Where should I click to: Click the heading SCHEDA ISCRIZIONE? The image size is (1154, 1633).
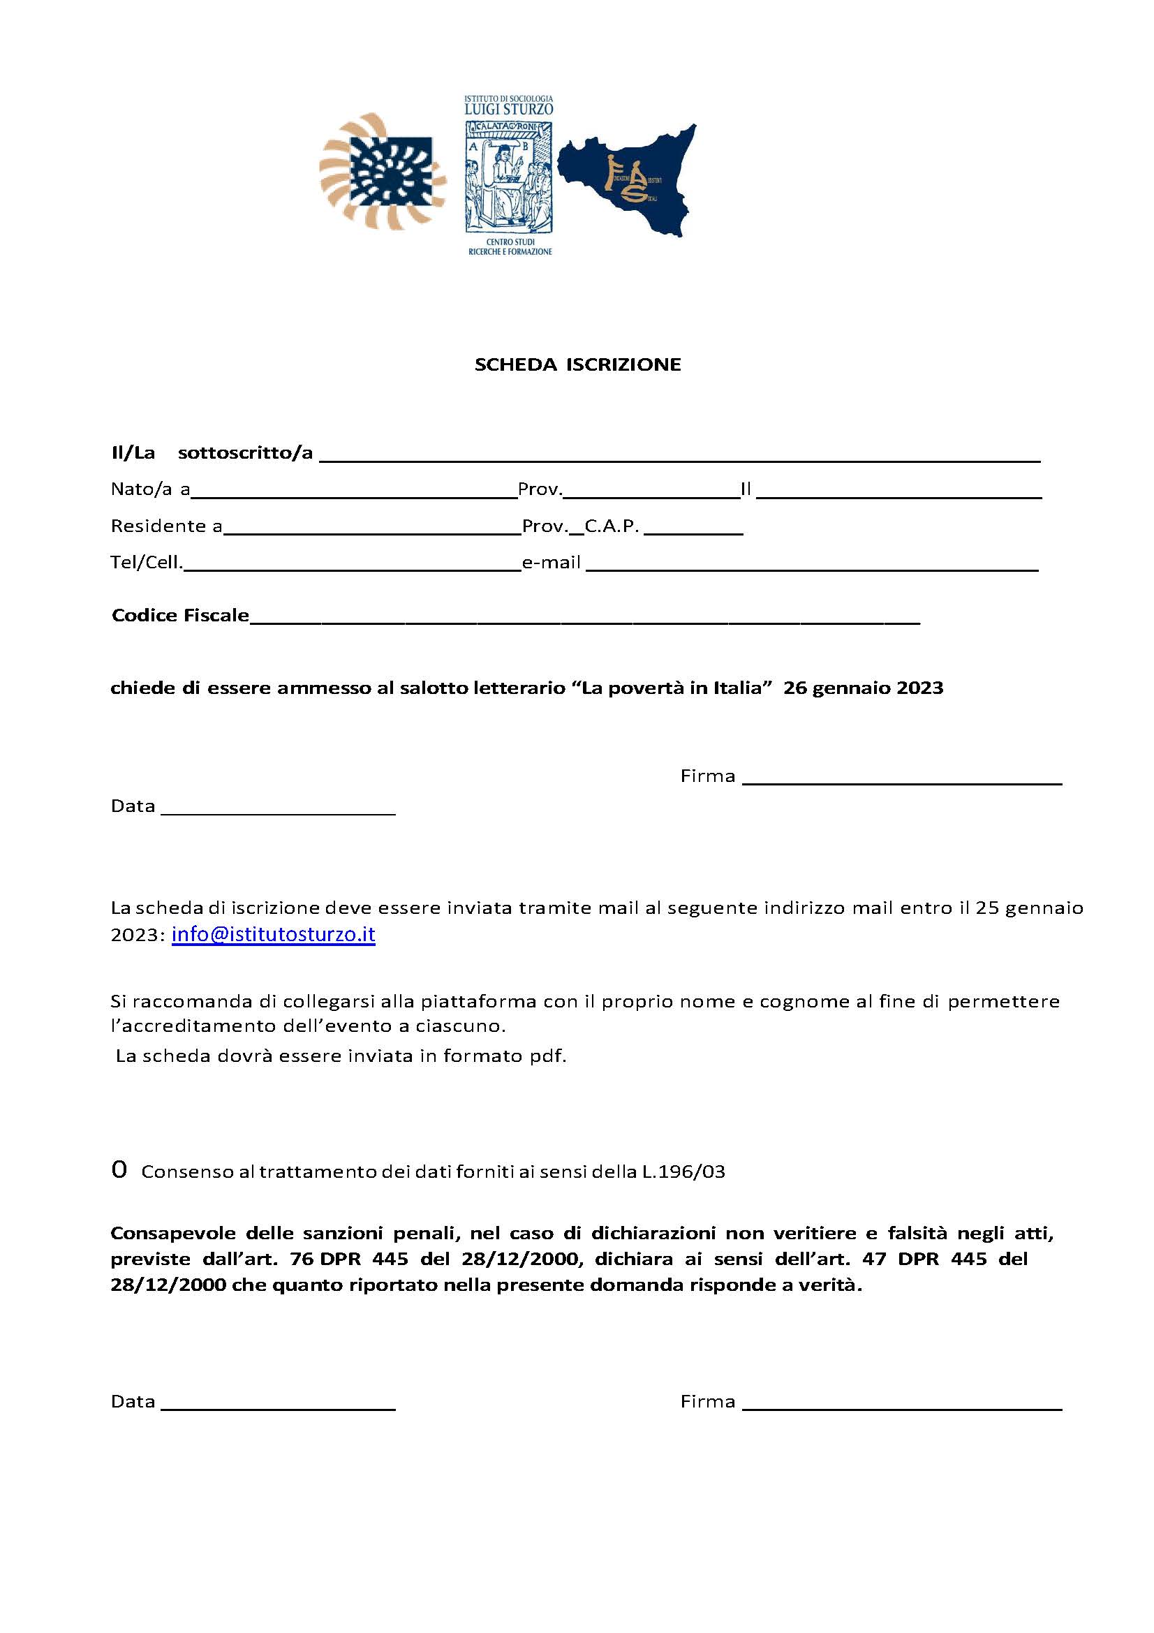[577, 365]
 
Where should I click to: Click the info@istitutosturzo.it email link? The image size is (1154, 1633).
[273, 935]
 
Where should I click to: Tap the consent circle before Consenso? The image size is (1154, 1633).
[119, 1170]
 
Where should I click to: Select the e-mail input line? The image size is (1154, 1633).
[811, 568]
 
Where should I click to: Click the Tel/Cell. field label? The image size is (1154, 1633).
[147, 563]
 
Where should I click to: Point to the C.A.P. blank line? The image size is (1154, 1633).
[693, 531]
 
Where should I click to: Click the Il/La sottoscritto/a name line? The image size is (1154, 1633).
[679, 459]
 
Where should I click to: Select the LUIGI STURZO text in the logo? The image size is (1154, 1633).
[508, 110]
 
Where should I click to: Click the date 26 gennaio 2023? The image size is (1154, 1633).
[863, 688]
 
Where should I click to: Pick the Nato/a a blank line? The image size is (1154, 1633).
[353, 494]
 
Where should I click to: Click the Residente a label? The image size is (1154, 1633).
[166, 526]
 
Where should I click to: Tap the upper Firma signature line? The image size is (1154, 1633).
[901, 781]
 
